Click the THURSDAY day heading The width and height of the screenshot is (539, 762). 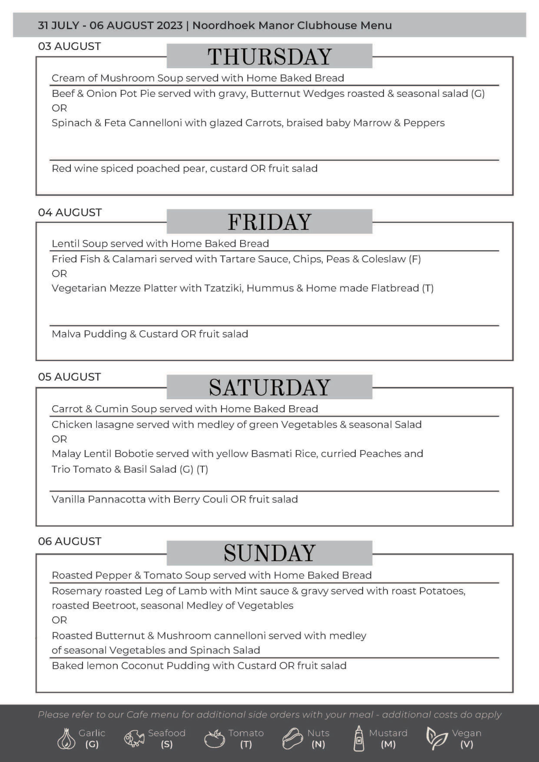tap(269, 56)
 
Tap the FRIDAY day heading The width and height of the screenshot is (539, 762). tap(269, 222)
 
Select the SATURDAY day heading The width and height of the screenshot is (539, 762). tap(269, 387)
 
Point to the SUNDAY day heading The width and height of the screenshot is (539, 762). tap(269, 553)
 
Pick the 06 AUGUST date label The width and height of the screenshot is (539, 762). tap(69, 541)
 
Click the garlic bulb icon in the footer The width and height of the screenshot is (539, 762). tap(66, 739)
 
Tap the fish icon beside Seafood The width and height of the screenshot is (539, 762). tap(134, 739)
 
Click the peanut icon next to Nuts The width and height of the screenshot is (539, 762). tap(292, 739)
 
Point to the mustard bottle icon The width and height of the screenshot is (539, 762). tap(358, 739)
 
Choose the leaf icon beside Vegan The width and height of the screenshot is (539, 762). tap(436, 739)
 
